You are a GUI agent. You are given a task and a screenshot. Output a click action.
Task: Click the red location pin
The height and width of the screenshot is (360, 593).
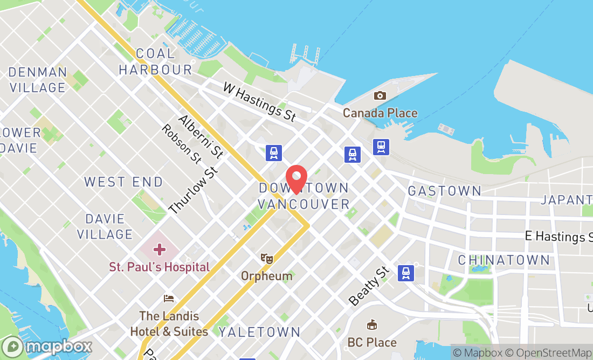click(296, 178)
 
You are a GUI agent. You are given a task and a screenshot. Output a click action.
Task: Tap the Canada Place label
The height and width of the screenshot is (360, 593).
click(380, 113)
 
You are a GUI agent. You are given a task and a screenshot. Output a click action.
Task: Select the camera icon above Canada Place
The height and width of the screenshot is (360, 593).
click(380, 96)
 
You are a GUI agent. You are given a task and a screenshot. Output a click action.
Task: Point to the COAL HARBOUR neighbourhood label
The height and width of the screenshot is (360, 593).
click(155, 61)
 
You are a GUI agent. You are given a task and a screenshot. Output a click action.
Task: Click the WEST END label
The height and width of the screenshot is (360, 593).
click(123, 182)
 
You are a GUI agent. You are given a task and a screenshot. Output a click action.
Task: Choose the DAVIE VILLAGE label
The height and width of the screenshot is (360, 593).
click(105, 226)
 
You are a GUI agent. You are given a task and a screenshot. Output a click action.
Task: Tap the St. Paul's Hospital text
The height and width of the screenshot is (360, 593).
click(159, 267)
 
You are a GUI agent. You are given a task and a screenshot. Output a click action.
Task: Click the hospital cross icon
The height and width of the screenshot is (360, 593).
click(159, 250)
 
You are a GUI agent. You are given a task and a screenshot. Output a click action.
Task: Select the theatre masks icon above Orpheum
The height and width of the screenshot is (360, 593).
click(266, 259)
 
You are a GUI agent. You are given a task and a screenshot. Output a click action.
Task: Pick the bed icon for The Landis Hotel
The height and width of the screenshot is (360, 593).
click(169, 299)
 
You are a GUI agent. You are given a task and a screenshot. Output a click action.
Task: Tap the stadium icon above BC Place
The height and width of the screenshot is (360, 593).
click(371, 326)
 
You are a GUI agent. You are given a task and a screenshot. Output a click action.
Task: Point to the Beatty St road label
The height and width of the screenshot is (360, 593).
click(368, 285)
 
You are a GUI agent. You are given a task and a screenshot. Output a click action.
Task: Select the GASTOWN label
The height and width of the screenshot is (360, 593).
click(445, 191)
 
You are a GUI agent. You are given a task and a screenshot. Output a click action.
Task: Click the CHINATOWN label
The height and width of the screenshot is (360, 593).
click(504, 260)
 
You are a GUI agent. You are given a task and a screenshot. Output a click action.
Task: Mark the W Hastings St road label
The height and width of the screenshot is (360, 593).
click(260, 102)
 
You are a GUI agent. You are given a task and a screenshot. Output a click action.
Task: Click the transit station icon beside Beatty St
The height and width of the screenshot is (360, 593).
click(406, 273)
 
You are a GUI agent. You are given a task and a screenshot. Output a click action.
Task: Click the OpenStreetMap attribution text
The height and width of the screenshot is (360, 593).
click(552, 353)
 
